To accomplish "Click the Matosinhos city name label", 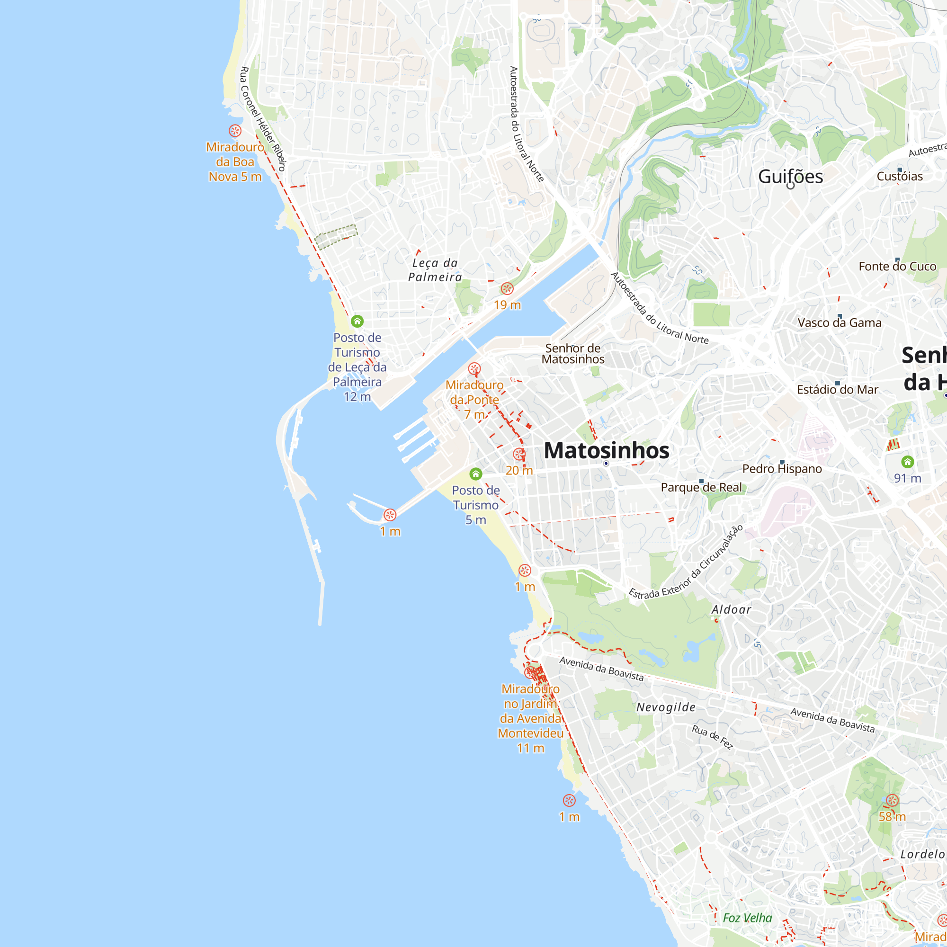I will (607, 450).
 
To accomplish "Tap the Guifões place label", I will (790, 177).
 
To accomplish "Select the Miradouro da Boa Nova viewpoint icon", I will (235, 131).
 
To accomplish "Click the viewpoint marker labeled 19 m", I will (507, 289).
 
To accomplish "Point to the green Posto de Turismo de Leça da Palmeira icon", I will (357, 322).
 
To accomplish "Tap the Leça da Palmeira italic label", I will (435, 270).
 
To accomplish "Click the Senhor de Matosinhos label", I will (573, 353).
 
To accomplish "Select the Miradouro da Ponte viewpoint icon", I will (474, 368).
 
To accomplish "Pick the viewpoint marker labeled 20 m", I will (519, 455).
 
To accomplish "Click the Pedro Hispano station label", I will (782, 469).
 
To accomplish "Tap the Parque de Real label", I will (701, 487).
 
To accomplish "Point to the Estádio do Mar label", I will (837, 390).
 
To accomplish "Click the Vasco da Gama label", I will (839, 322).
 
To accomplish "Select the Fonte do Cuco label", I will (897, 266).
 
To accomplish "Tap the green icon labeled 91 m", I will (907, 462).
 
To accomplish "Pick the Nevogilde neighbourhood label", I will (666, 707).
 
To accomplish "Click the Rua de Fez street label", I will (712, 737).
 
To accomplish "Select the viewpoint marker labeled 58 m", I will (892, 800).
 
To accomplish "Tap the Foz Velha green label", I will (747, 918).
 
